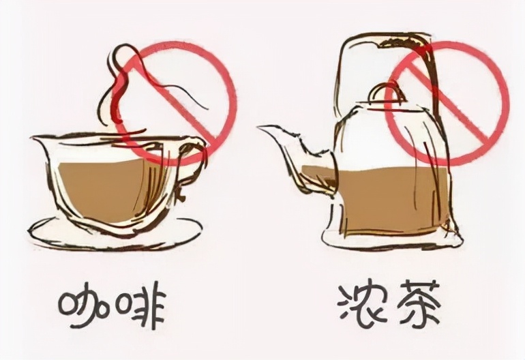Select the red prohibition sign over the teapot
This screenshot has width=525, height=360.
click(x=447, y=102)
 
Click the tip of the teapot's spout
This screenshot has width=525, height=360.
click(x=260, y=127)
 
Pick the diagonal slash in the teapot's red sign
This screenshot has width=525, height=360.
click(x=447, y=102)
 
